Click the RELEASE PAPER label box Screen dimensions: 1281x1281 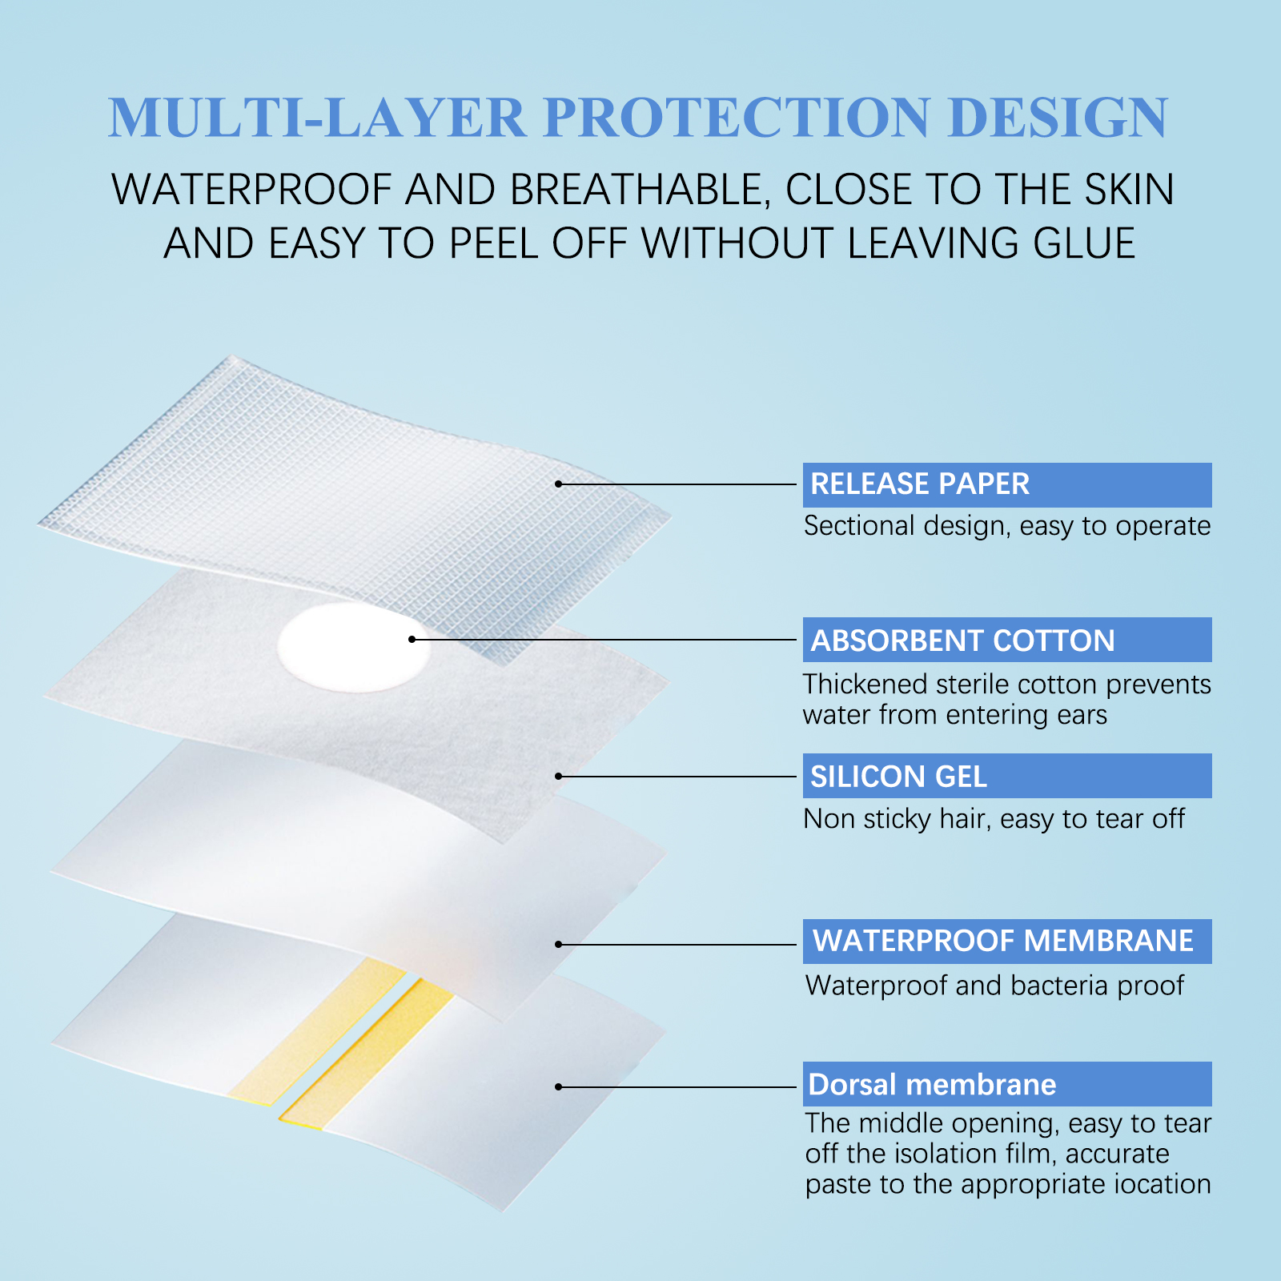point(1006,484)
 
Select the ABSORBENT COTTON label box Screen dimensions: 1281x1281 point(1006,640)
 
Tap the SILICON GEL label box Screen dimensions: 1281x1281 point(1006,776)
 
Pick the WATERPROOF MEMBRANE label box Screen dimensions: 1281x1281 point(1006,941)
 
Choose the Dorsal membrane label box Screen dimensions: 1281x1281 point(1006,1084)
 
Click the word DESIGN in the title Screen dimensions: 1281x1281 point(1058,118)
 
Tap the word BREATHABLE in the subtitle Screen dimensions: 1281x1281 point(636,191)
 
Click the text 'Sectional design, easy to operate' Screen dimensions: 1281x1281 point(1006,526)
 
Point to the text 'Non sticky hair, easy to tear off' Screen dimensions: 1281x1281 point(994,819)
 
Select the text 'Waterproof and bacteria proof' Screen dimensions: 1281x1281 point(994,986)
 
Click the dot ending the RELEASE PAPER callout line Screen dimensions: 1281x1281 point(559,484)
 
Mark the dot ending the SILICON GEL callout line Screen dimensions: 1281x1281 point(559,776)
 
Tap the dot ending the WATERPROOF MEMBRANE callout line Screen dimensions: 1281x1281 point(559,945)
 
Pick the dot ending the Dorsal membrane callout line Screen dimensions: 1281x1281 point(559,1086)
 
